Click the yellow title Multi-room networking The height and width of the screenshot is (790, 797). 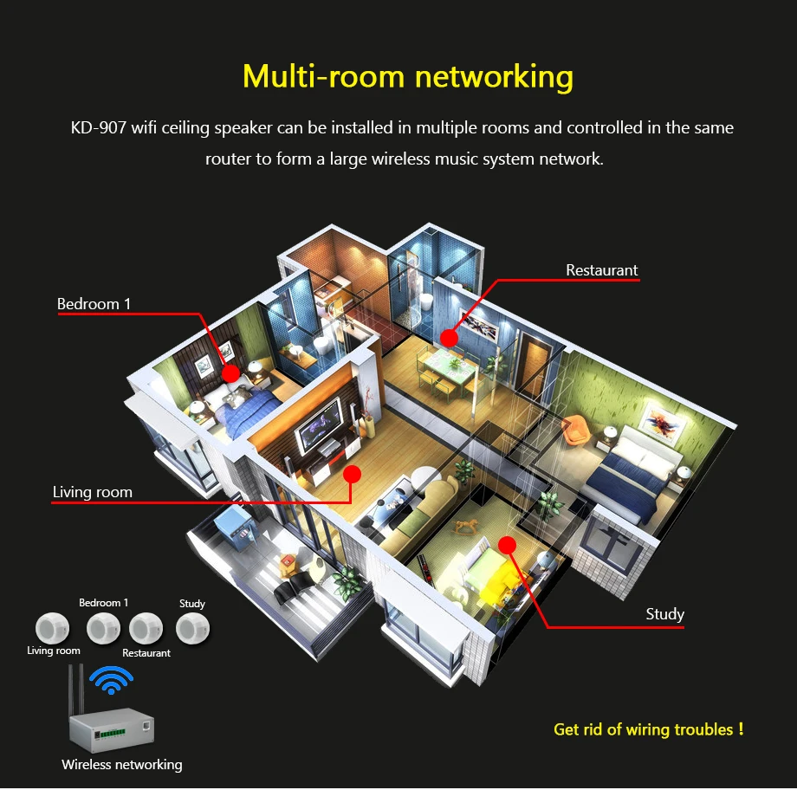[408, 76]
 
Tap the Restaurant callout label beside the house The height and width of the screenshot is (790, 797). [601, 270]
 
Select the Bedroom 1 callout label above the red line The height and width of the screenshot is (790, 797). [94, 304]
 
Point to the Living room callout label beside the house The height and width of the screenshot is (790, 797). [93, 492]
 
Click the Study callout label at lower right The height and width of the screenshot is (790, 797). [664, 614]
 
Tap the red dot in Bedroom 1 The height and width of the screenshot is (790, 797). [230, 373]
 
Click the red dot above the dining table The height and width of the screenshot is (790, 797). [449, 338]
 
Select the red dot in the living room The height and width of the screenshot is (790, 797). [352, 475]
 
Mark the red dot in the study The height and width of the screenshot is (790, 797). [507, 546]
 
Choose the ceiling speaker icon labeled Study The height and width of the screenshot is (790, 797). [192, 628]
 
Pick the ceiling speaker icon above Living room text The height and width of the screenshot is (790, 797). [52, 628]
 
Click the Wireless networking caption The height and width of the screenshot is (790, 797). [122, 765]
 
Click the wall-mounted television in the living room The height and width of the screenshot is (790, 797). [320, 425]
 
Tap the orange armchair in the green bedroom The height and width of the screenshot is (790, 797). [576, 430]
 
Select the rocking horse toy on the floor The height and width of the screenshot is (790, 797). [466, 526]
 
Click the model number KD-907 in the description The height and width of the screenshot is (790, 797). [98, 127]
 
